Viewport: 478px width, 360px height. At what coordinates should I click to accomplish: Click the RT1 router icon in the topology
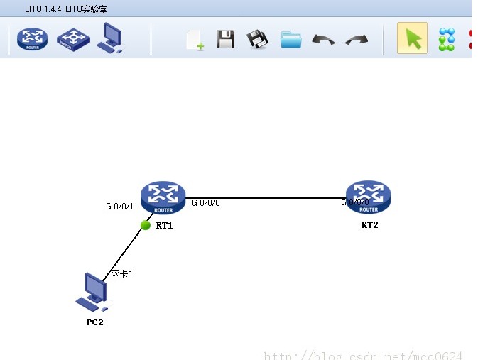pyautogui.click(x=163, y=197)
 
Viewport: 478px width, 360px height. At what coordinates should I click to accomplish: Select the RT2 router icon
pyautogui.click(x=368, y=197)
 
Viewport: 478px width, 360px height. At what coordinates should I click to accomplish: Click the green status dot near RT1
pyautogui.click(x=146, y=225)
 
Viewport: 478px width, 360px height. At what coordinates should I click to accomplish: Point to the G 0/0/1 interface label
pyautogui.click(x=119, y=207)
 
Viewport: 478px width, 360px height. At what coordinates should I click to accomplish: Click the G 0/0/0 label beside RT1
pyautogui.click(x=206, y=203)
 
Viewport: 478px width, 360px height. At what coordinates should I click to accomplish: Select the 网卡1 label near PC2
pyautogui.click(x=122, y=273)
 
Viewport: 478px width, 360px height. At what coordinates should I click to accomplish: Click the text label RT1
pyautogui.click(x=164, y=226)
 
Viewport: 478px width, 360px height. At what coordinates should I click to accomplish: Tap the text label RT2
pyautogui.click(x=369, y=225)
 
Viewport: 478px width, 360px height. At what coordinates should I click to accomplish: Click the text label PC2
pyautogui.click(x=94, y=322)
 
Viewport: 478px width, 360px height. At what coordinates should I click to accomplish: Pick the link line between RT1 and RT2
pyautogui.click(x=270, y=198)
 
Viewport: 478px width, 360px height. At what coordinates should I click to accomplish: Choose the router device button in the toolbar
pyautogui.click(x=33, y=38)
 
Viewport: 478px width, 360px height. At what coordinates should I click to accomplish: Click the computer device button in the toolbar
pyautogui.click(x=110, y=38)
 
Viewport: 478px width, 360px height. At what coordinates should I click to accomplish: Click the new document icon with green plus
pyautogui.click(x=195, y=40)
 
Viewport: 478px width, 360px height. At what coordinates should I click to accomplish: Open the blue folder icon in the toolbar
pyautogui.click(x=291, y=40)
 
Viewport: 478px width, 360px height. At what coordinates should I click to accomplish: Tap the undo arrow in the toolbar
pyautogui.click(x=324, y=40)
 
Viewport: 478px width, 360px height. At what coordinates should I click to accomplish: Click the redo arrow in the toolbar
pyautogui.click(x=357, y=40)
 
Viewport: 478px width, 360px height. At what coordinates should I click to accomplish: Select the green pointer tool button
pyautogui.click(x=412, y=38)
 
